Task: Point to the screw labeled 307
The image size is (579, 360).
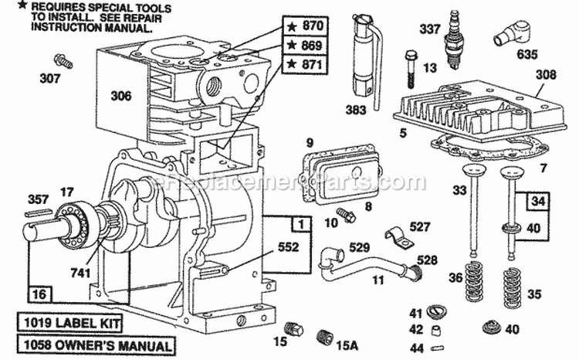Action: pos(61,60)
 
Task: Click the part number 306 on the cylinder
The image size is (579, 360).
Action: pos(120,97)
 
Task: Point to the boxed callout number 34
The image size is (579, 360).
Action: pos(536,202)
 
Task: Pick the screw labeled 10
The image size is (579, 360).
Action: pos(347,215)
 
